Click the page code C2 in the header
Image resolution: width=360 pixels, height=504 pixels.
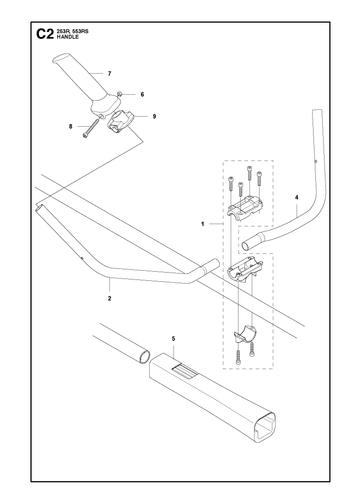45,34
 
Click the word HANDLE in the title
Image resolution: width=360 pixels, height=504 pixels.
68,37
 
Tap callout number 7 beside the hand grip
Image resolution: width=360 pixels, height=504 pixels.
110,74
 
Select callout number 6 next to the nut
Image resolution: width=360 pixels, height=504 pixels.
142,95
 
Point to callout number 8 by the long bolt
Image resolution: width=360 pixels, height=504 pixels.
71,127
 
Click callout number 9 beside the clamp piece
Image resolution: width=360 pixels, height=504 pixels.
154,117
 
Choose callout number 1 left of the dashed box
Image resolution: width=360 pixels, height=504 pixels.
203,224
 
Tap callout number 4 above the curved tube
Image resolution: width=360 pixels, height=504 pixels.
297,198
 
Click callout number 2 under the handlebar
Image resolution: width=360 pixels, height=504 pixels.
110,299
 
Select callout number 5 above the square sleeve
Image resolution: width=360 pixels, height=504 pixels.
173,339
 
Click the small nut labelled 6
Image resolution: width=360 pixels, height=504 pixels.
120,94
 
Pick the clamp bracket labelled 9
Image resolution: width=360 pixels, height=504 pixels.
120,122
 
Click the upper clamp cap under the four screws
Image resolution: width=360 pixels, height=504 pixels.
245,208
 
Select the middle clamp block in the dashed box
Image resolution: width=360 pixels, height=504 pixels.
245,269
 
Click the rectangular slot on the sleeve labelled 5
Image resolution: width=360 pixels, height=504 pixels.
184,372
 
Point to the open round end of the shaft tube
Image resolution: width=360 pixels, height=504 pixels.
144,356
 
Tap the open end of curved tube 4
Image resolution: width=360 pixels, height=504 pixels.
246,246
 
